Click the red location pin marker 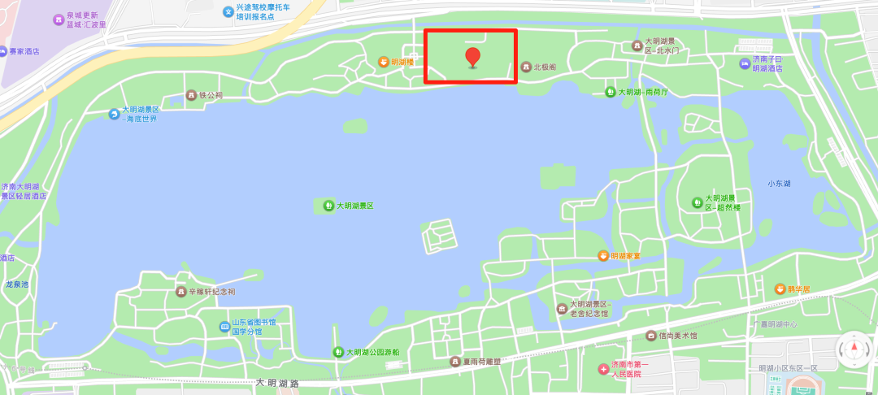click(x=472, y=57)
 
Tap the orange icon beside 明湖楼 click(x=384, y=62)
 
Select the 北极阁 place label click(x=544, y=67)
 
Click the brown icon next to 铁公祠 click(x=192, y=95)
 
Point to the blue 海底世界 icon click(x=115, y=114)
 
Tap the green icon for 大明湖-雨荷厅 click(x=611, y=92)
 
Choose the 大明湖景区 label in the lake click(x=354, y=206)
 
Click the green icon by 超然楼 click(x=697, y=202)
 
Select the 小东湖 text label click(x=779, y=184)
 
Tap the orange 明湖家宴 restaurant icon click(x=602, y=256)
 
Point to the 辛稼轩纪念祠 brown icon click(x=180, y=291)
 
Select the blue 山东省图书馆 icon click(x=224, y=327)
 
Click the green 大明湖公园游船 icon click(x=338, y=352)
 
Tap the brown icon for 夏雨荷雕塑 click(x=455, y=361)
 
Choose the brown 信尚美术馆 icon click(x=650, y=336)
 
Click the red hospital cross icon click(x=603, y=369)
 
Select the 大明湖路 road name click(x=278, y=383)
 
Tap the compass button click(x=854, y=349)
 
